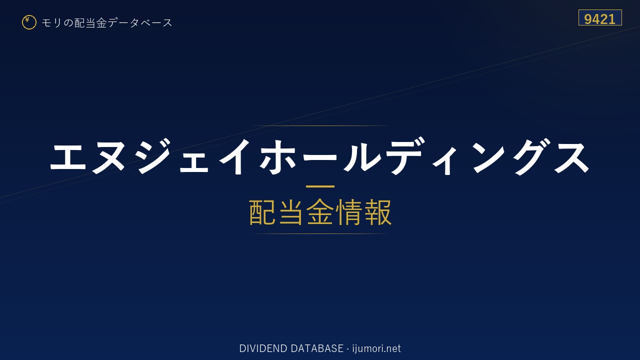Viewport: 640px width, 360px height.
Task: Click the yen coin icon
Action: coord(29,22)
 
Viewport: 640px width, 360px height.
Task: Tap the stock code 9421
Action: coord(599,19)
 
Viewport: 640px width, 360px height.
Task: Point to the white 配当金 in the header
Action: coord(90,23)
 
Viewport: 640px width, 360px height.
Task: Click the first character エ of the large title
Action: coord(68,157)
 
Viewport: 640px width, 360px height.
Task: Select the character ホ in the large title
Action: coord(277,156)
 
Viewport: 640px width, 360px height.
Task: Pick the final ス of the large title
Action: coord(571,157)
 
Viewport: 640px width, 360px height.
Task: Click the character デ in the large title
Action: coord(403,156)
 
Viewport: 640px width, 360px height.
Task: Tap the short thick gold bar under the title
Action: coord(320,186)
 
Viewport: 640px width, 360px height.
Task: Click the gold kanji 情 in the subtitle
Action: coord(349,212)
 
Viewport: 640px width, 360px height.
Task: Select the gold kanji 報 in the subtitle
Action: coord(377,212)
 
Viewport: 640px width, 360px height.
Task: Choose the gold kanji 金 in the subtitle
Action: coord(320,212)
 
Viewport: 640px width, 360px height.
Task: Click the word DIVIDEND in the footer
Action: coord(263,348)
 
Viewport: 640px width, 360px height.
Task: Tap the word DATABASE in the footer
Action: coord(317,348)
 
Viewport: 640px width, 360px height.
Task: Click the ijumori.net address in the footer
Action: coord(376,349)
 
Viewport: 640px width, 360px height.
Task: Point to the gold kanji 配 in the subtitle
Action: coord(262,212)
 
